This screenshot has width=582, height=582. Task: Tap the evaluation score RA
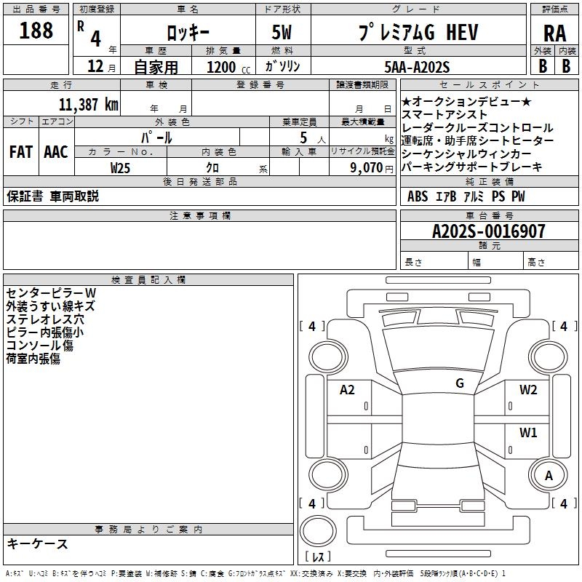pos(554,33)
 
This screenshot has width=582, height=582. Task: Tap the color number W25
pos(121,167)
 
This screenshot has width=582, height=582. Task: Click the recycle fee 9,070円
pos(368,167)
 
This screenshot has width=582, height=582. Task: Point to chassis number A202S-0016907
pos(478,232)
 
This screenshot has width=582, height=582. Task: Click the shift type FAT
pos(20,152)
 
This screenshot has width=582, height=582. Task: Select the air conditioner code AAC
pos(55,152)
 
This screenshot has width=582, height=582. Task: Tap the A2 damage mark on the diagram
pos(348,390)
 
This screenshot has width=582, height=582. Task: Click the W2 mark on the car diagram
pos(528,389)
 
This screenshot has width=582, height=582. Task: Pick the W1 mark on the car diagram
pos(528,433)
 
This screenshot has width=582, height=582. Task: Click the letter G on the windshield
pos(460,383)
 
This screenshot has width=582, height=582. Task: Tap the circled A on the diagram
pos(549,477)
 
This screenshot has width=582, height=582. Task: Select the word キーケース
pos(38,543)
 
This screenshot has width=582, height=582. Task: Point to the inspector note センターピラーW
pos(51,292)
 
